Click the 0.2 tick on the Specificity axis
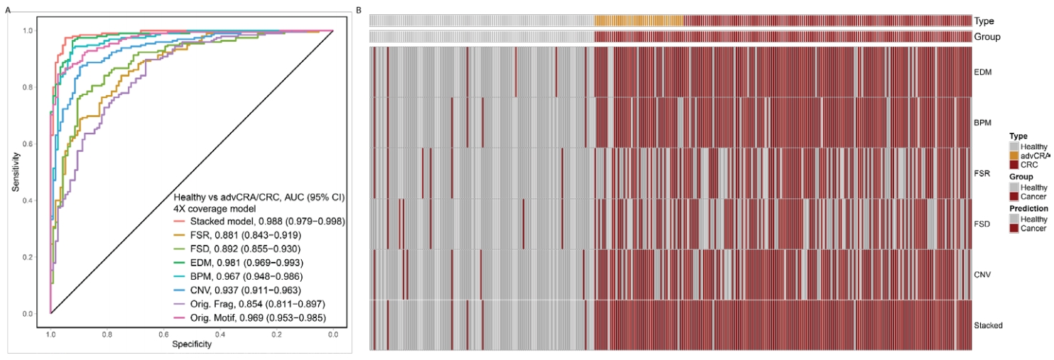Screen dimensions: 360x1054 (276, 334)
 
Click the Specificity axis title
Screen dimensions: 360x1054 (192, 344)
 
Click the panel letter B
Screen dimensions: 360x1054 (359, 9)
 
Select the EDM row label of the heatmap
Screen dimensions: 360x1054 (983, 72)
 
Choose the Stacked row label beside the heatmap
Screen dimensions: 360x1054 (989, 325)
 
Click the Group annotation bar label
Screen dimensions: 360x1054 (987, 36)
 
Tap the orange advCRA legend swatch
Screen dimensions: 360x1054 (1014, 156)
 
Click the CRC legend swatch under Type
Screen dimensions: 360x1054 (1014, 165)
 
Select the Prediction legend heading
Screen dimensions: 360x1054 (1028, 209)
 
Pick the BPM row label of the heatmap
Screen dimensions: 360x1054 (983, 122)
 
